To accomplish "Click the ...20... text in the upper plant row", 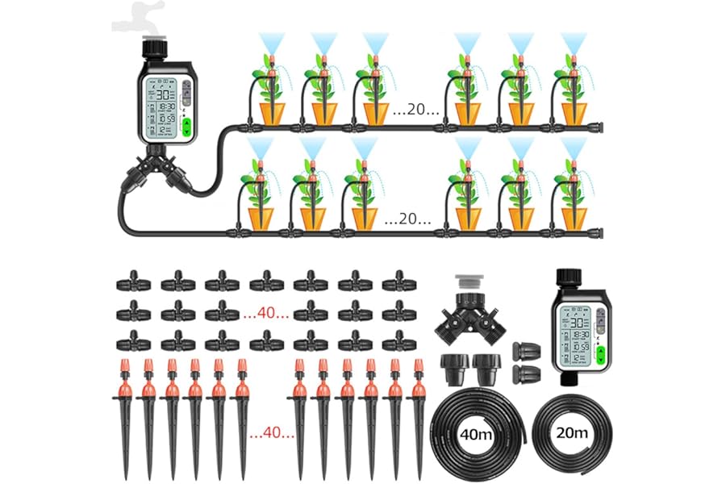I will coord(416,111).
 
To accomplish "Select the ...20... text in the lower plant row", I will coord(407,218).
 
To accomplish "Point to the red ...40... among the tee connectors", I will coord(265,313).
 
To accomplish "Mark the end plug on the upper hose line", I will coord(599,127).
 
